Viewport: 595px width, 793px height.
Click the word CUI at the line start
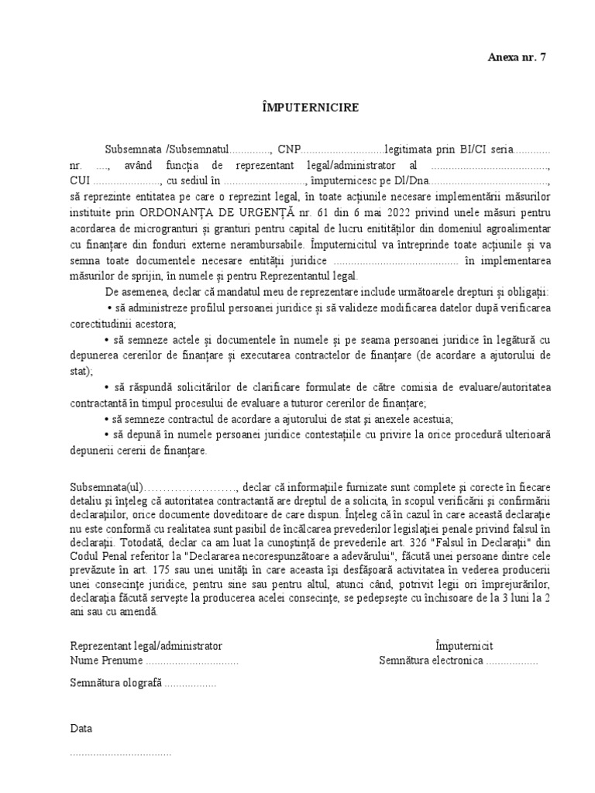tap(81, 180)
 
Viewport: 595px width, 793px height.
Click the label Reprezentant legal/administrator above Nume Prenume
tap(146, 646)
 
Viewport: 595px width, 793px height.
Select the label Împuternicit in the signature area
tap(464, 646)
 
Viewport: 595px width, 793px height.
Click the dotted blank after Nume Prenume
tap(192, 661)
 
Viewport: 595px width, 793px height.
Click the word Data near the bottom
tap(81, 729)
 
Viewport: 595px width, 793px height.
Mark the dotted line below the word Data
tap(121, 753)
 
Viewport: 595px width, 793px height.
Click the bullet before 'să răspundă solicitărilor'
tap(107, 386)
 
